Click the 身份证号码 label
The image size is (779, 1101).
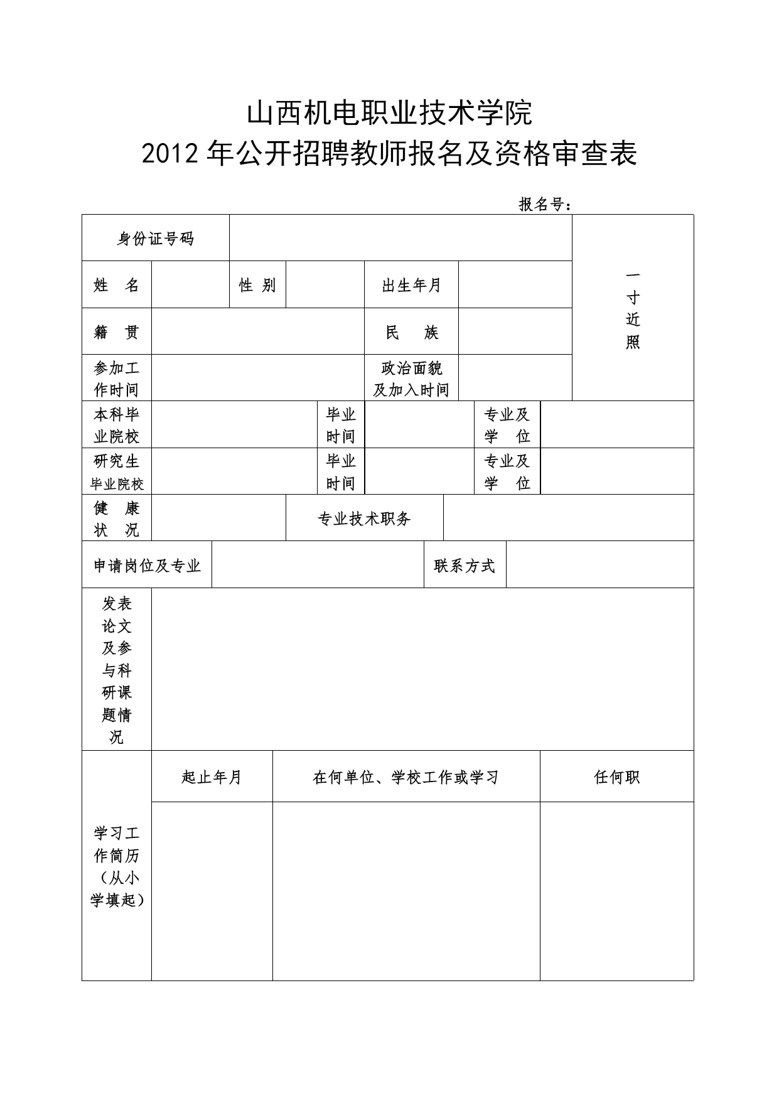[x=155, y=239]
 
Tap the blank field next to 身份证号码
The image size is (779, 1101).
[x=400, y=239]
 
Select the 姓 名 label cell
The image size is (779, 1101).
[x=116, y=285]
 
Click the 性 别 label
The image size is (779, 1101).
[x=257, y=285]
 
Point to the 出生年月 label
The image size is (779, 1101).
[x=411, y=285]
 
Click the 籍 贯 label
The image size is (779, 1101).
[x=116, y=332]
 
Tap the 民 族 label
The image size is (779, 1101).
[x=411, y=332]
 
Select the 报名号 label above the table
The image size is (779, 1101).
[x=545, y=204]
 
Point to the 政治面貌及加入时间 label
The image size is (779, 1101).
[x=411, y=379]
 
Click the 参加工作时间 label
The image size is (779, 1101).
[x=116, y=379]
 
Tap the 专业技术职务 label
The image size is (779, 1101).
[x=364, y=518]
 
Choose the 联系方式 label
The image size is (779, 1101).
[x=465, y=566]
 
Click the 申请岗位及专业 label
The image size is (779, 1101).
[x=147, y=566]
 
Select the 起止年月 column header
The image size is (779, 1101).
[x=212, y=777]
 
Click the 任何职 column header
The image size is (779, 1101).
[x=616, y=777]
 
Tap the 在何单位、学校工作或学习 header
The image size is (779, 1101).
[x=406, y=777]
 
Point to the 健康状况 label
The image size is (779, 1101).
[x=116, y=518]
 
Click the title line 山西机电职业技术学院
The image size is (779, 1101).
[x=389, y=114]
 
